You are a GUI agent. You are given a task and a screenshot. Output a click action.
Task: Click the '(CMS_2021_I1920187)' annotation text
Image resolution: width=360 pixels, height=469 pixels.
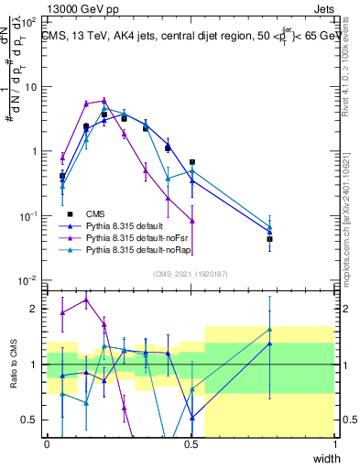[x=190, y=272]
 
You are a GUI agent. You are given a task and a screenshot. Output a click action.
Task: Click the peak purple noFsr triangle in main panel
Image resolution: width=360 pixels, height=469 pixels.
[x=104, y=101]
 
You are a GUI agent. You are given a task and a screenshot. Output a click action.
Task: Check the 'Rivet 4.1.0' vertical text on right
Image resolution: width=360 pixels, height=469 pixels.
[x=352, y=73]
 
